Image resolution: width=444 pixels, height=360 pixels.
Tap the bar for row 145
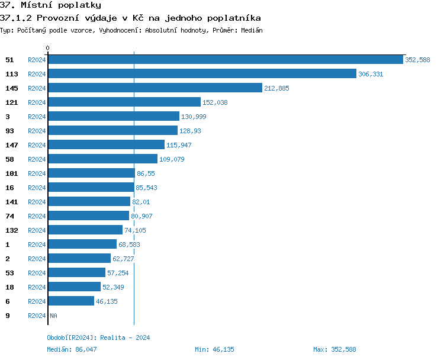tap(155, 88)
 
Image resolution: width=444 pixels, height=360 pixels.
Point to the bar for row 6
tap(70, 301)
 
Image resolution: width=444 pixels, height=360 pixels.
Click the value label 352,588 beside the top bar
tap(417, 60)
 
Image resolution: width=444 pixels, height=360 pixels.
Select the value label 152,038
tap(215, 102)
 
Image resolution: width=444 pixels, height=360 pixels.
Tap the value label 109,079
tap(172, 159)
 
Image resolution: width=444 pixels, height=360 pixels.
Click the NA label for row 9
tap(53, 316)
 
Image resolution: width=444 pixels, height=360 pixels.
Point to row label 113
tap(11, 74)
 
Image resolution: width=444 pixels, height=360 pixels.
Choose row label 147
tap(11, 145)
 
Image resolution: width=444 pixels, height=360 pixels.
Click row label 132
tap(11, 230)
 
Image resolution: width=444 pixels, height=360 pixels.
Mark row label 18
tap(9, 287)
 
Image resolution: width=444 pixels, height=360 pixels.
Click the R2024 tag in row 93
tap(37, 131)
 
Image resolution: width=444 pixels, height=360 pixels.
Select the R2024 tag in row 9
tap(37, 316)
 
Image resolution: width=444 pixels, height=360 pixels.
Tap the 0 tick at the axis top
tap(48, 48)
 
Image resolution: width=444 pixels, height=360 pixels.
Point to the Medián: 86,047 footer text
tap(72, 349)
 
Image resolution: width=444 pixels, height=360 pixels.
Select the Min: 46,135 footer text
tap(214, 349)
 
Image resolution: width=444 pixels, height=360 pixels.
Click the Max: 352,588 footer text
tap(334, 349)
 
